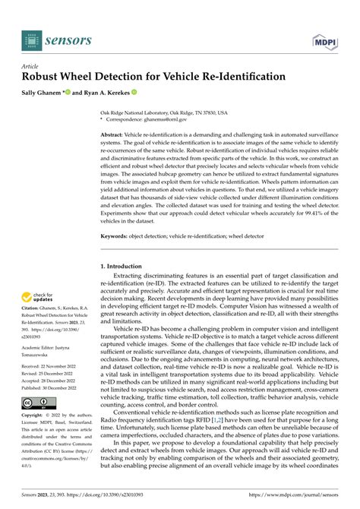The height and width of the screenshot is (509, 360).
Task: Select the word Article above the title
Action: click(x=31, y=66)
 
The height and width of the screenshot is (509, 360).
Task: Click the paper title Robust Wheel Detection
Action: click(x=153, y=77)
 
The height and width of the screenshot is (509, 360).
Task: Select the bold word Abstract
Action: click(x=112, y=134)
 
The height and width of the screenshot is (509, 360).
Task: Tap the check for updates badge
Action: click(x=38, y=299)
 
